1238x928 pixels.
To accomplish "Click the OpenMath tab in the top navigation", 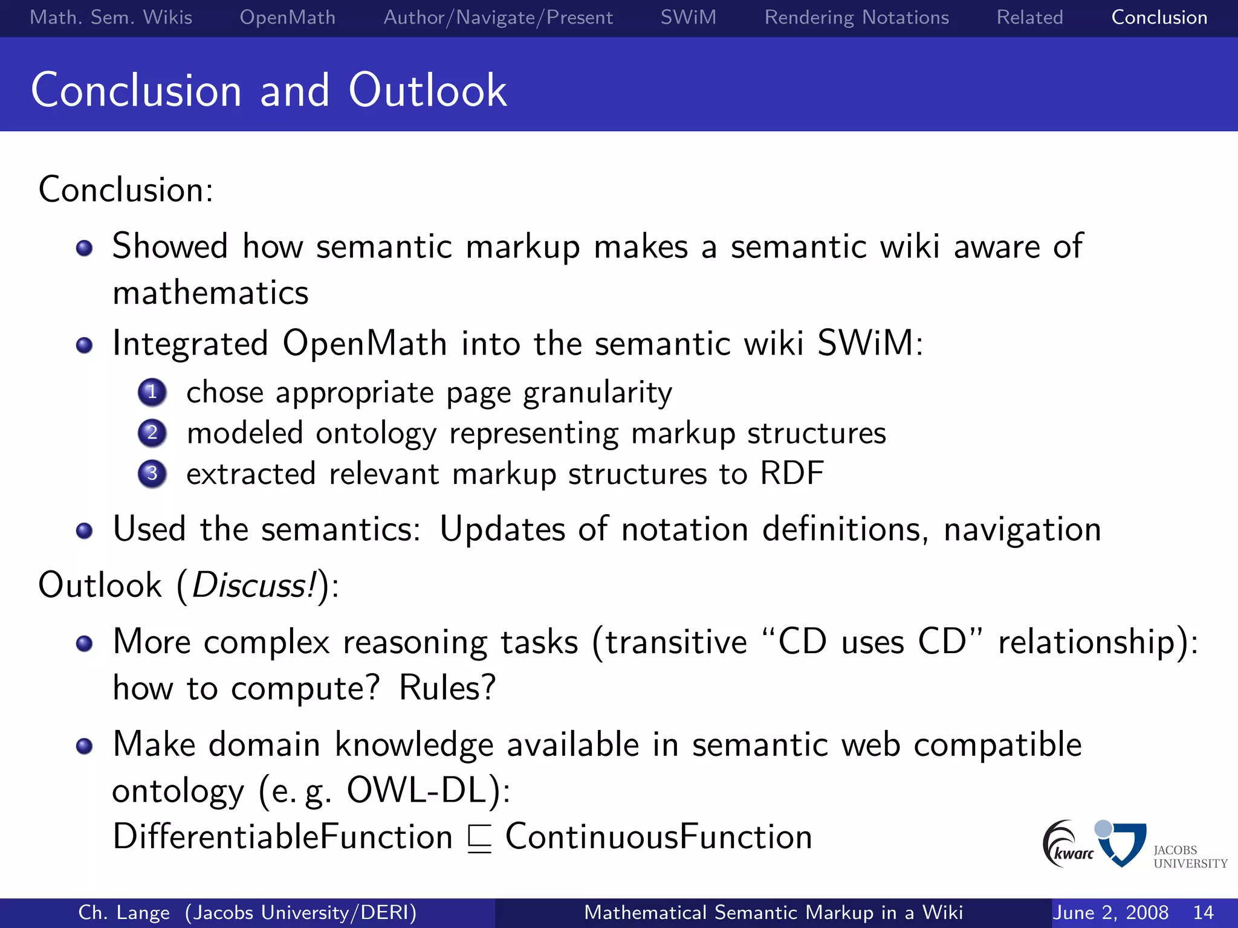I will (x=287, y=18).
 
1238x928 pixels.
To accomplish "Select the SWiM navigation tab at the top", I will (x=688, y=18).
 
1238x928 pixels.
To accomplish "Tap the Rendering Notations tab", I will (x=857, y=18).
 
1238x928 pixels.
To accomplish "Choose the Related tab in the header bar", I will (x=1029, y=18).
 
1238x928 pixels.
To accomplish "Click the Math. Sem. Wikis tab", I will (x=111, y=18).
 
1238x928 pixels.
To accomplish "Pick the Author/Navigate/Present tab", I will (x=498, y=18).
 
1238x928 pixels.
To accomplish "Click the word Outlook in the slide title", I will (x=427, y=91).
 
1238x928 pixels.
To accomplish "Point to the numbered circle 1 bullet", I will (x=152, y=392).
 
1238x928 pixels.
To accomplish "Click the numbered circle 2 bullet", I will (x=152, y=433).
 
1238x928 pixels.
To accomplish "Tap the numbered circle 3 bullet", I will (x=152, y=474).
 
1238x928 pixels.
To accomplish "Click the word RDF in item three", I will (x=791, y=473).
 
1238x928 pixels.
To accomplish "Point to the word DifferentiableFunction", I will (x=282, y=837).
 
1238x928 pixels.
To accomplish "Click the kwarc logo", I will (x=1067, y=844).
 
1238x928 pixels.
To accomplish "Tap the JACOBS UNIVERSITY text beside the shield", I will (x=1190, y=857).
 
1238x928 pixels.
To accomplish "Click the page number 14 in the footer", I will (x=1203, y=912).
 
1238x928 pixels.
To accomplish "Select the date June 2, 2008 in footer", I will (x=1110, y=912).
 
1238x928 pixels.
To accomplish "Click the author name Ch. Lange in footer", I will (x=124, y=912).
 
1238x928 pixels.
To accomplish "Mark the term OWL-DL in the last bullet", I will (x=416, y=790).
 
